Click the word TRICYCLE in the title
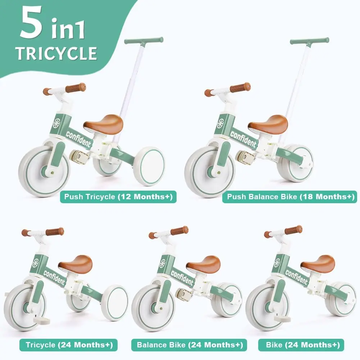pyautogui.click(x=56, y=53)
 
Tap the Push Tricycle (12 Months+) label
pyautogui.click(x=118, y=197)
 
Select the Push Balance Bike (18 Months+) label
pyautogui.click(x=290, y=197)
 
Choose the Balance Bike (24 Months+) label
pyautogui.click(x=190, y=345)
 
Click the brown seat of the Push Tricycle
pyautogui.click(x=104, y=124)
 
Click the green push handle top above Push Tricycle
pyautogui.click(x=144, y=40)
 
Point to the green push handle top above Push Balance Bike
pyautogui.click(x=310, y=40)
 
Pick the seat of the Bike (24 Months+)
pyautogui.click(x=318, y=263)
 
